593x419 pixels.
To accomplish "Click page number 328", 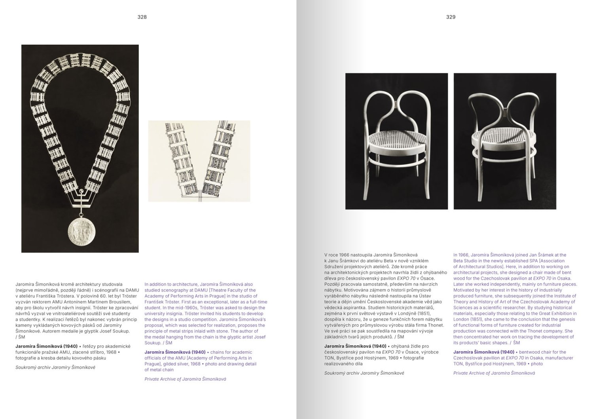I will (142, 17).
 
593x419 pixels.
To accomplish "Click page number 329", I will (451, 17).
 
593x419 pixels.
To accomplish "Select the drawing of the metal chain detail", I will (199, 161).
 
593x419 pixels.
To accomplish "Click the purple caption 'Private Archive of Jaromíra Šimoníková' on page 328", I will (185, 379).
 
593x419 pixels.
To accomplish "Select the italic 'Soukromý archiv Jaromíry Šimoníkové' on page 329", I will (364, 373).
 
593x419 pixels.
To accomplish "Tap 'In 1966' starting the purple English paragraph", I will (461, 255).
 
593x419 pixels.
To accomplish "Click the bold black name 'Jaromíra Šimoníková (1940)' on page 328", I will (46, 346).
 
